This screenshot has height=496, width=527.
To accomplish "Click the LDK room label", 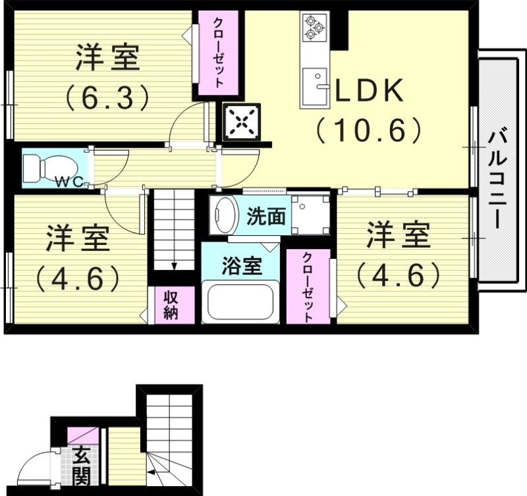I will [370, 92].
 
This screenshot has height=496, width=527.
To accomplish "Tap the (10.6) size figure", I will [368, 130].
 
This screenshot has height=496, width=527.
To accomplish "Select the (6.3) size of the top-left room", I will [105, 97].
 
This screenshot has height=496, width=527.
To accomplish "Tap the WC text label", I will [69, 182].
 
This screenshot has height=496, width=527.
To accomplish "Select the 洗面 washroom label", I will [266, 217].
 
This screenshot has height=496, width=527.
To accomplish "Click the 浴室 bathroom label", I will [241, 266].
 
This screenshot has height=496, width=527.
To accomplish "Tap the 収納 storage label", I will [171, 304].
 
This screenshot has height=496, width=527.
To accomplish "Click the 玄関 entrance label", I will [82, 466].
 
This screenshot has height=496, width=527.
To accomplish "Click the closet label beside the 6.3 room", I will [217, 53].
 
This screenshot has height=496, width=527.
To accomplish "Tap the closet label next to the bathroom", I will [308, 287].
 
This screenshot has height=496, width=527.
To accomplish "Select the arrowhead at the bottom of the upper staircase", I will [174, 266].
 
